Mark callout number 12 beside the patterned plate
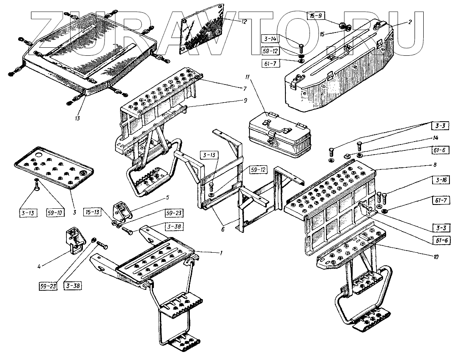click(244, 21)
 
